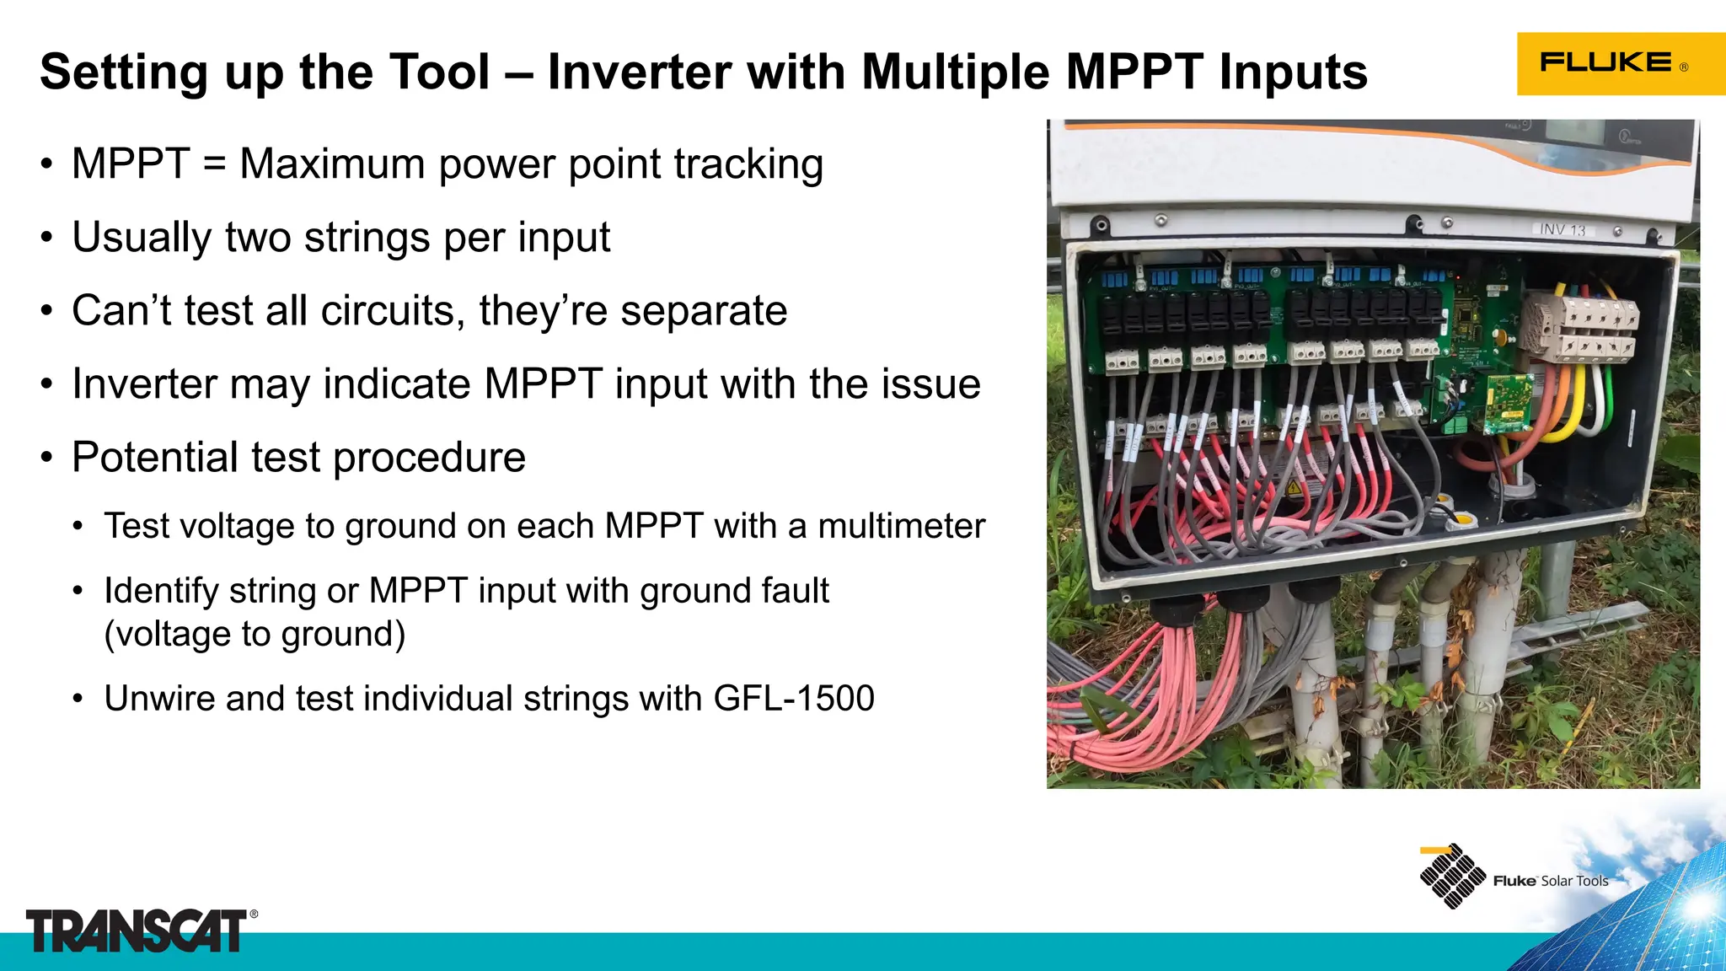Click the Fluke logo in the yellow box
coord(1605,62)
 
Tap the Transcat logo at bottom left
coord(137,931)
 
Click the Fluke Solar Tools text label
coord(1551,881)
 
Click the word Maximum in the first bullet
coord(333,164)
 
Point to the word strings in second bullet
coord(367,237)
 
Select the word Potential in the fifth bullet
coord(154,458)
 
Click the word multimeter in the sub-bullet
coord(901,527)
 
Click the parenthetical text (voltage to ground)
coord(255,634)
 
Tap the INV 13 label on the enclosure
coord(1562,229)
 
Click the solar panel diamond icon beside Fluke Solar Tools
coord(1451,877)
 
